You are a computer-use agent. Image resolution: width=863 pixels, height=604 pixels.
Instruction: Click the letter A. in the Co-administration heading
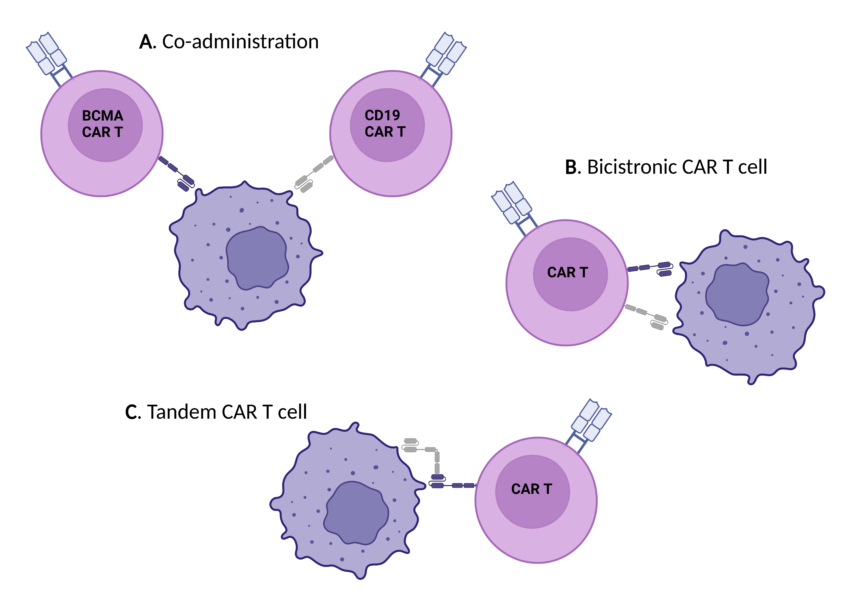click(x=147, y=42)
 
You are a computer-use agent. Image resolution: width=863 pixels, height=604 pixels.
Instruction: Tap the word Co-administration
click(x=240, y=41)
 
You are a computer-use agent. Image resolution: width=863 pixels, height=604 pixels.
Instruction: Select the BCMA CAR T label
click(x=103, y=124)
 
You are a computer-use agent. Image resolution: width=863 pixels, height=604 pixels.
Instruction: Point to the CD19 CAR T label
click(x=385, y=123)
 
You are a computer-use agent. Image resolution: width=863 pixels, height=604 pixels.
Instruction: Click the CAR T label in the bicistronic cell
click(x=568, y=272)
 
